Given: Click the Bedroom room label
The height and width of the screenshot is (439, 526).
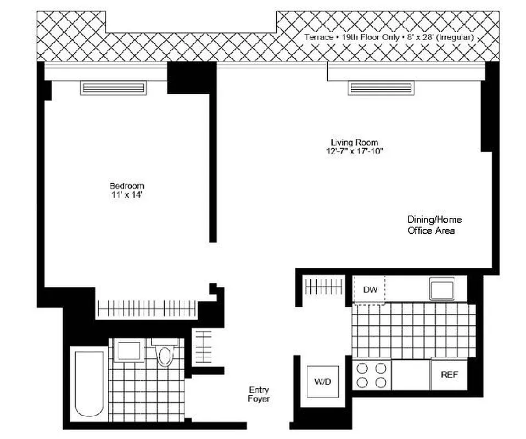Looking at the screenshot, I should coord(127,185).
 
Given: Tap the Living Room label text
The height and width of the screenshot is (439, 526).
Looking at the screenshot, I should coord(353,142).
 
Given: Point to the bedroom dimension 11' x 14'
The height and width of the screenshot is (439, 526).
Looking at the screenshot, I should coord(127,195).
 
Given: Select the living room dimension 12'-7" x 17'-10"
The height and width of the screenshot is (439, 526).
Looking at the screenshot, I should coord(353,151).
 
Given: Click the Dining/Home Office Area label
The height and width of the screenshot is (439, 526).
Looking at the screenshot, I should coord(434,225).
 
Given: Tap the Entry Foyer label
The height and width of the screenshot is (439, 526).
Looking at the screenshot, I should coord(259,395).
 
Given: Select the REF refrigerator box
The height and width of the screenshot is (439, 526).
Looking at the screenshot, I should coord(449,375).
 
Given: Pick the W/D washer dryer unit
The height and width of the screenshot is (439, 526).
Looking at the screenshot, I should coord(323,381).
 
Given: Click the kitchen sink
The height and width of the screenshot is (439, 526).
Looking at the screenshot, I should coord(441,288).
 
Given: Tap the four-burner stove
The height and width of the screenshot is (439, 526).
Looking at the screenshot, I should coord(371,375).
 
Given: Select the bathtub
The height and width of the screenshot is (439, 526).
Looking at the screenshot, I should coord(89,383).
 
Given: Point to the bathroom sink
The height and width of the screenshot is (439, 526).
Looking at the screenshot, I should coord(129,351).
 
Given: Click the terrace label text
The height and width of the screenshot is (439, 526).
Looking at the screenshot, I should coord(389,37).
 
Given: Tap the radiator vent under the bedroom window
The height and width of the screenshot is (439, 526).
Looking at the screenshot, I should coord(114,88).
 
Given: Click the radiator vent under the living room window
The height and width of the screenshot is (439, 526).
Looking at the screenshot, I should coord(380,88).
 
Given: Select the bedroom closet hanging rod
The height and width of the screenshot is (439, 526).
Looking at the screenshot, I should coord(146,308).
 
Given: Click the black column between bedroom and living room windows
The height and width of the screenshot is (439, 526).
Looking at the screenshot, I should coord(190,76).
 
